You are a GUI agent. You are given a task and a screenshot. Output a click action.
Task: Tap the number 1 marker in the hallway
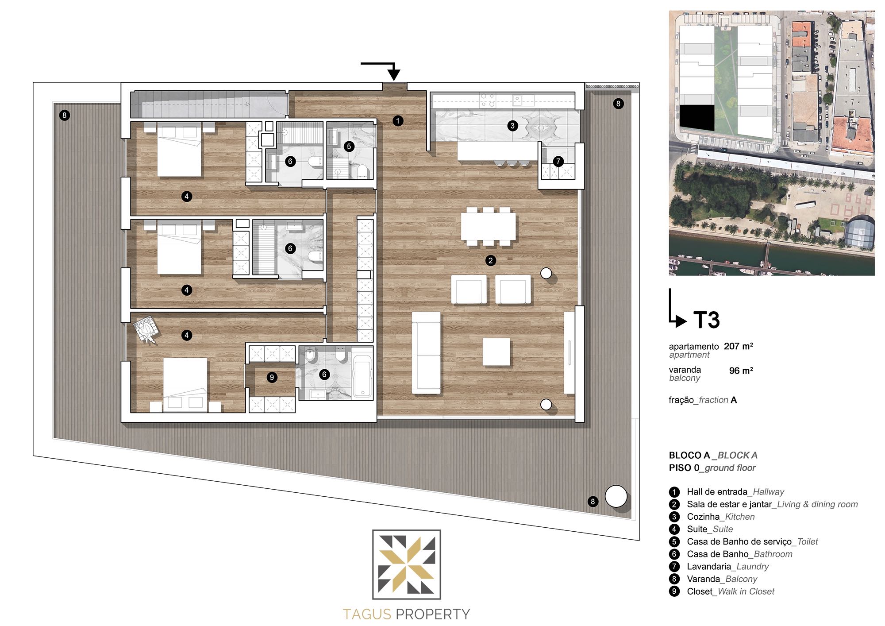(x=398, y=120)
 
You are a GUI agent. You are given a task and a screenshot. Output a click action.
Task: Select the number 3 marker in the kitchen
(x=512, y=126)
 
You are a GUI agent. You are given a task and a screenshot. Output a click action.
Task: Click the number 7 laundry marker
(x=558, y=161)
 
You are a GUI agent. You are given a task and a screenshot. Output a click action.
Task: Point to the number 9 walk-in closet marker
(x=272, y=377)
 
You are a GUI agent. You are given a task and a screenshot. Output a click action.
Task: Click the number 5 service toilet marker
(x=349, y=146)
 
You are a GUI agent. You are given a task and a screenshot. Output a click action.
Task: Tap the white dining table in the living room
(x=489, y=226)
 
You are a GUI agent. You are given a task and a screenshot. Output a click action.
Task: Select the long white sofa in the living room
(x=426, y=352)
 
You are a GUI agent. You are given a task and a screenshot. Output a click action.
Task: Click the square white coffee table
(x=496, y=352)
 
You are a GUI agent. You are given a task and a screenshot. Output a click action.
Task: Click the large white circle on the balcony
(x=616, y=496)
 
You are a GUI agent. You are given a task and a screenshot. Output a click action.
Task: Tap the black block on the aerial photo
(x=697, y=118)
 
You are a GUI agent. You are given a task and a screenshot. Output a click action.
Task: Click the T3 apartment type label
(x=707, y=320)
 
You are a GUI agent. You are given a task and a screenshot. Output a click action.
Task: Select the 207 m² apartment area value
(x=739, y=346)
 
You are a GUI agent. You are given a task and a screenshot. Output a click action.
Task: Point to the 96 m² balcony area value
(x=741, y=370)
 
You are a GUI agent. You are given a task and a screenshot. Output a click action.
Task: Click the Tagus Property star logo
(x=407, y=564)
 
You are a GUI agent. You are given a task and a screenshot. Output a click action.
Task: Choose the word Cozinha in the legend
(x=703, y=517)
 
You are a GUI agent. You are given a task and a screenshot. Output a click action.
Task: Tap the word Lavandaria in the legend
(x=709, y=566)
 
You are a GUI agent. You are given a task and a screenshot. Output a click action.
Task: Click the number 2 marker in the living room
(x=490, y=260)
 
